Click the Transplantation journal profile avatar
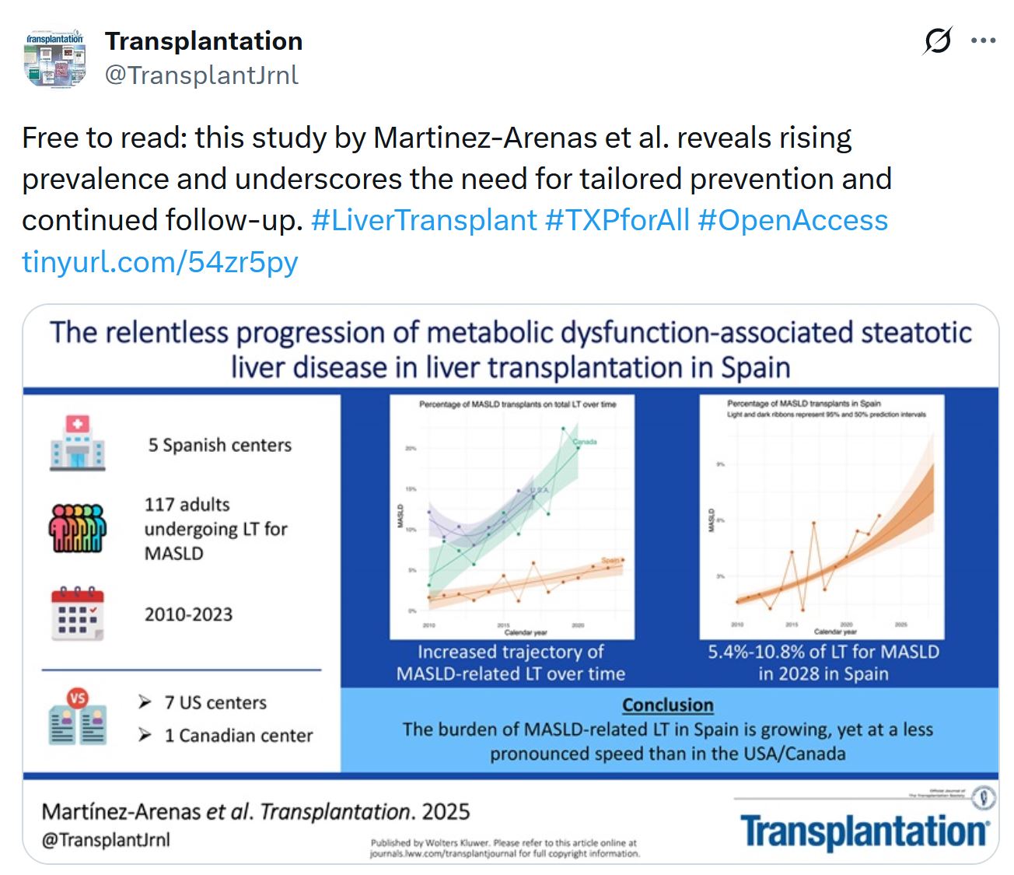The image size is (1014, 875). (x=54, y=58)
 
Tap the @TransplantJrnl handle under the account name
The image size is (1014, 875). (x=201, y=75)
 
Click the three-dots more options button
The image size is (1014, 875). (x=984, y=41)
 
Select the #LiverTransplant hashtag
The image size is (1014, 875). (x=424, y=220)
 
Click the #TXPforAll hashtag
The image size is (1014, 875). (x=617, y=220)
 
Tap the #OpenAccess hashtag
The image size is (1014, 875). (x=792, y=220)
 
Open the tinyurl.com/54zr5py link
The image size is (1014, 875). (x=159, y=262)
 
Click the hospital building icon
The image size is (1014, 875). (x=77, y=443)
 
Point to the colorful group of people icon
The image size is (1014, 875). (x=77, y=528)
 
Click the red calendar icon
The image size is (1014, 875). (x=77, y=614)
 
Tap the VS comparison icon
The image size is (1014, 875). (x=77, y=717)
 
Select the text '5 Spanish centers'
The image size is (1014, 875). (x=220, y=445)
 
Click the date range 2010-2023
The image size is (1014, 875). (x=188, y=614)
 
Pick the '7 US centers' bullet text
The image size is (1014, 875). (x=215, y=702)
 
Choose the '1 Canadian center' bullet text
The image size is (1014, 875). (x=238, y=735)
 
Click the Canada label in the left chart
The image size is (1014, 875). (x=585, y=442)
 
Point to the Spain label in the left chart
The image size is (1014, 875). (x=610, y=560)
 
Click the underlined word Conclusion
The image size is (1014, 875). (x=667, y=705)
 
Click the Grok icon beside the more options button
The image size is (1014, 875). (x=938, y=41)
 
